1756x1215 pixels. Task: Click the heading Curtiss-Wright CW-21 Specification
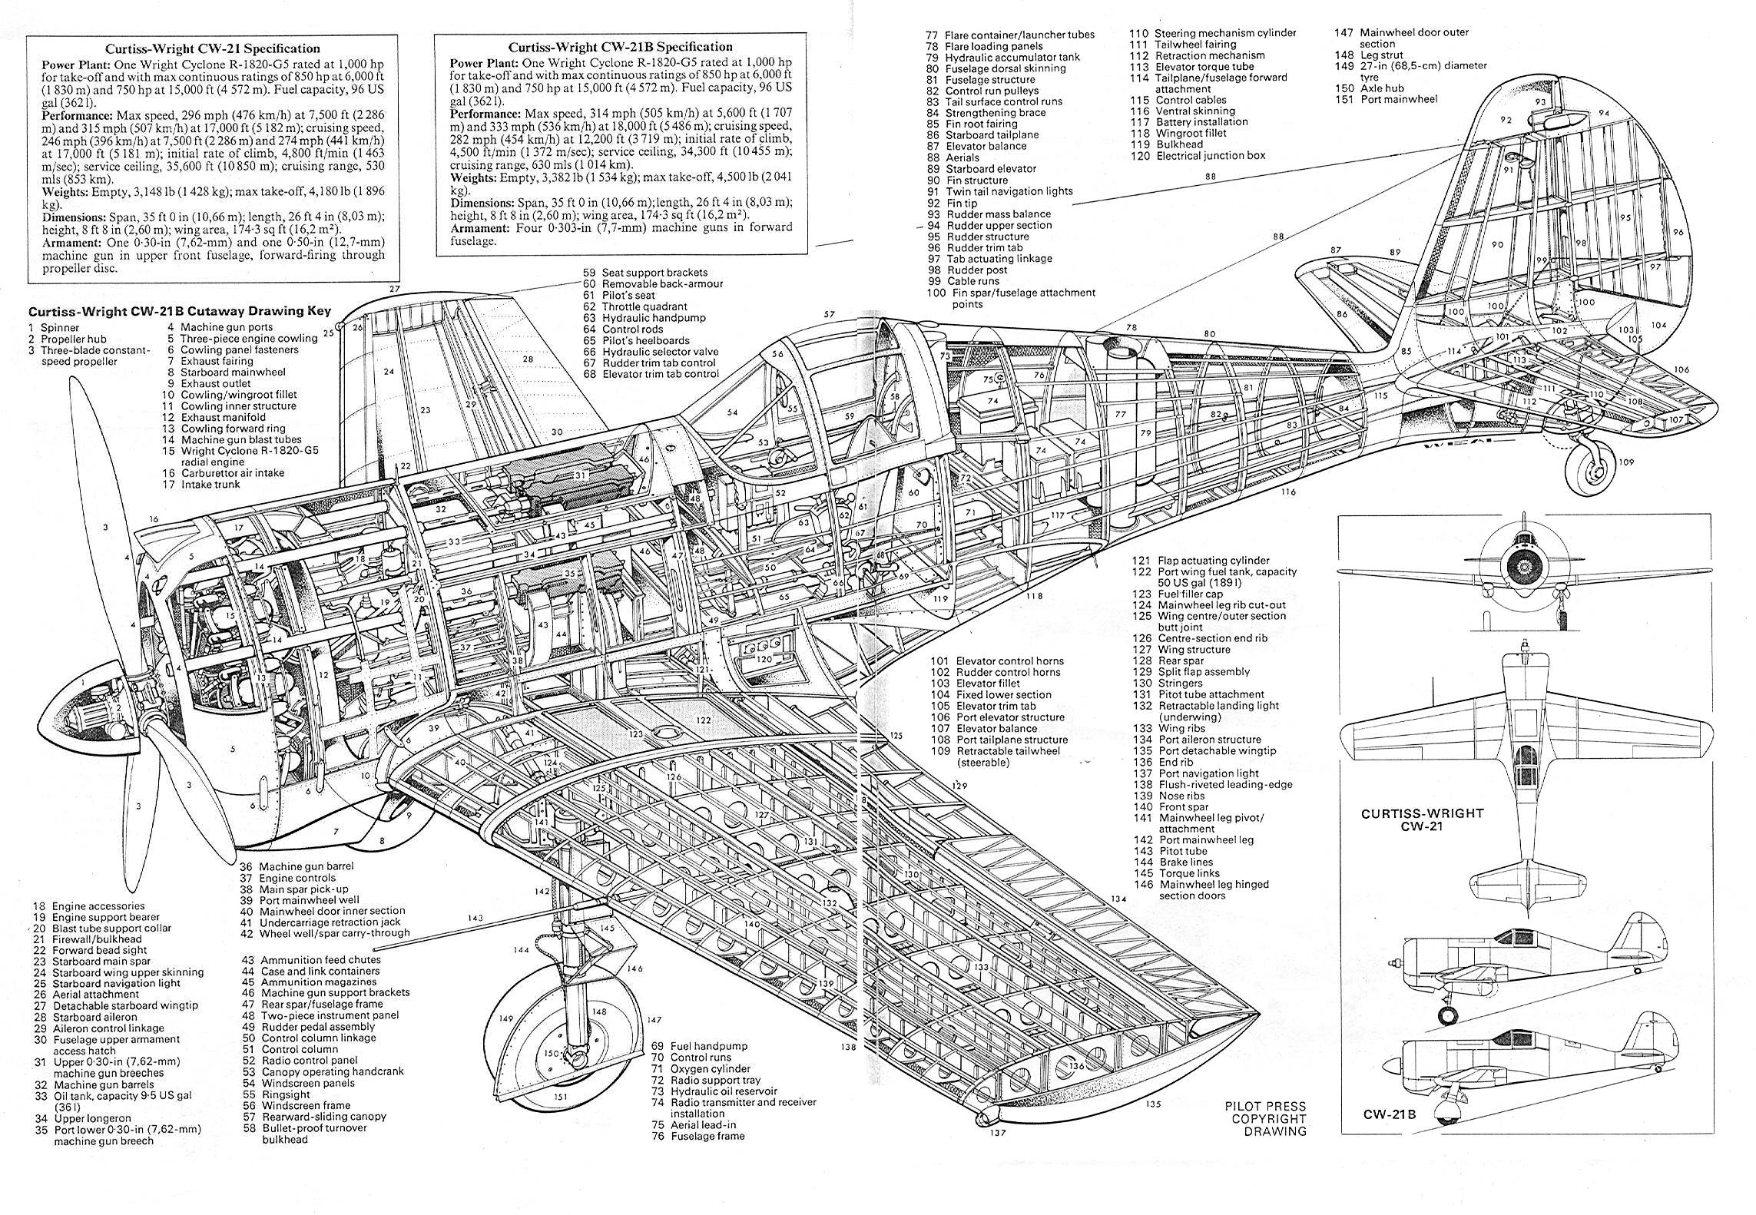point(213,49)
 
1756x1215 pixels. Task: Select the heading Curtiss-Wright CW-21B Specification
point(620,47)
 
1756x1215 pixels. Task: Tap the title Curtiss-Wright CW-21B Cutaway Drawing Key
point(180,311)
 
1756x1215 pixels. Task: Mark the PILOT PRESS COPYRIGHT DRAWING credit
point(1265,1119)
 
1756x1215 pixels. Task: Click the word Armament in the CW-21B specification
point(481,228)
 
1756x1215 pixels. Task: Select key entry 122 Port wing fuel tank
point(1214,577)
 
